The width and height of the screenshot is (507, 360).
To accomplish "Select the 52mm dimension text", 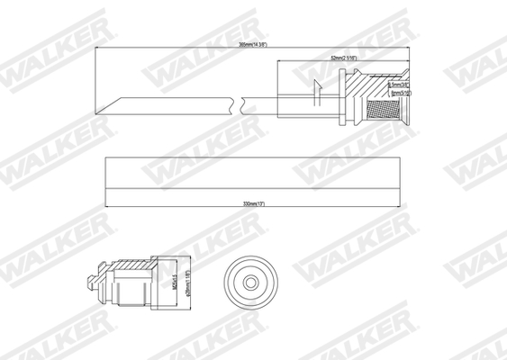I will tap(343, 58).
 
